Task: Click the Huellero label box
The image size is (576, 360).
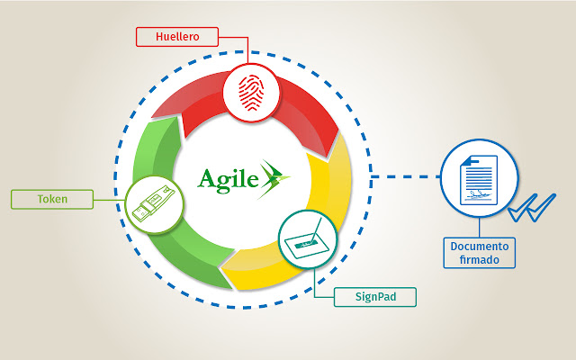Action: (x=178, y=37)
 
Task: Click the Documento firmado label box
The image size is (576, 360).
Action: (x=481, y=253)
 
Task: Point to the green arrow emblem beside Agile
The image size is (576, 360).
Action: (x=274, y=178)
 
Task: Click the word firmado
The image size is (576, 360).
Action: (x=481, y=261)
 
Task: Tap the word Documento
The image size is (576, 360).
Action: (x=481, y=246)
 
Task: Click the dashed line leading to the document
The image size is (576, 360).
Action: (x=405, y=176)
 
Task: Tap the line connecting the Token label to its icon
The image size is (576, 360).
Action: (x=103, y=198)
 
